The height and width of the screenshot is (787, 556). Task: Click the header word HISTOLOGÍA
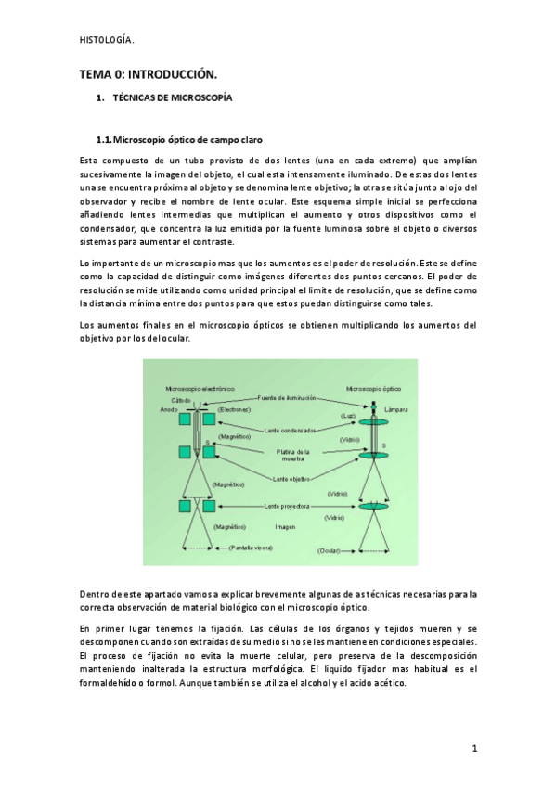pyautogui.click(x=106, y=38)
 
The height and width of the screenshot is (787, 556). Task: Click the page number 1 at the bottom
pyautogui.click(x=473, y=747)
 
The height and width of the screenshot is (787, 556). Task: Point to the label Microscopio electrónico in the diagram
pyautogui.click(x=200, y=389)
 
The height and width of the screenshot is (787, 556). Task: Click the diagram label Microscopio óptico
pyautogui.click(x=373, y=389)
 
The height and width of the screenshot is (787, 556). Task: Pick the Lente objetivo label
pyautogui.click(x=291, y=479)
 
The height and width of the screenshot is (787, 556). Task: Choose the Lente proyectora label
pyautogui.click(x=288, y=506)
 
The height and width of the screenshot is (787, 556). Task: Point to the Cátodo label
pyautogui.click(x=181, y=399)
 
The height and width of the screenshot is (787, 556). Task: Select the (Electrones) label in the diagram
pyautogui.click(x=236, y=408)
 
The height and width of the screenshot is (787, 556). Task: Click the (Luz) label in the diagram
pyautogui.click(x=348, y=416)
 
